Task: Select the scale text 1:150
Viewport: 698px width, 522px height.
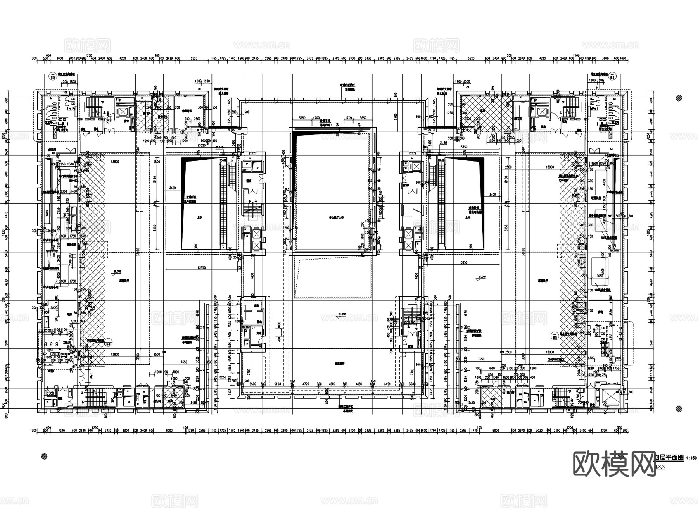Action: (691, 458)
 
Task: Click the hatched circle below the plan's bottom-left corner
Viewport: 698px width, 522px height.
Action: (44, 456)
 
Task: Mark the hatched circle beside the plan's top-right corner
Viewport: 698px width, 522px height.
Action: (679, 98)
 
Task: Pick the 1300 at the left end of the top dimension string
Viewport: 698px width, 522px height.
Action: (33, 59)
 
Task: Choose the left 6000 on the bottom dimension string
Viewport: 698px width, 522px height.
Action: (169, 431)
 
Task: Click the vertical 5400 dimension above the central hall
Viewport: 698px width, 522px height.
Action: (395, 116)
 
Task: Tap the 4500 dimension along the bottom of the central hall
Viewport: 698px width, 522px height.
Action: (332, 384)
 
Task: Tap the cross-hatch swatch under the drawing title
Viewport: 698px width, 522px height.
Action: (660, 467)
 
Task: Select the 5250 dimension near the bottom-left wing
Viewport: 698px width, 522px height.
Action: (223, 376)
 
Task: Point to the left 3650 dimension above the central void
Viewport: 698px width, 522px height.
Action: (302, 118)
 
